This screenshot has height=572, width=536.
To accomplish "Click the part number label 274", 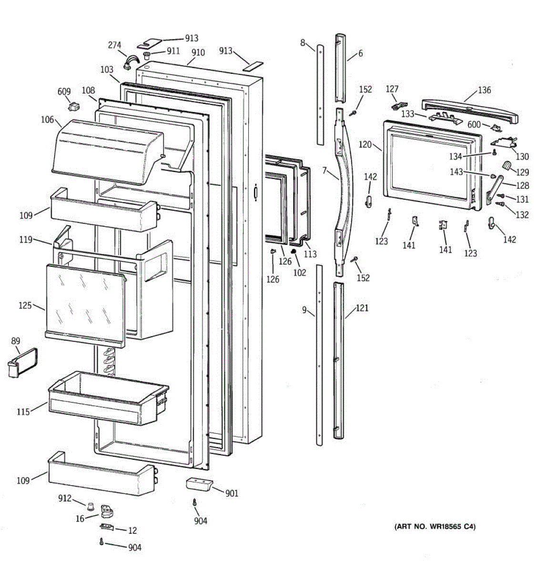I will (x=114, y=45).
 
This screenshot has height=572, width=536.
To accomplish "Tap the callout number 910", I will (x=198, y=52).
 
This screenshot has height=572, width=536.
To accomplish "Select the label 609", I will (x=64, y=92).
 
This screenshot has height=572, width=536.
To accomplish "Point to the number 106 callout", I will (x=47, y=120).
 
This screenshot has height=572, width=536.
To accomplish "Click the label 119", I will (x=26, y=239).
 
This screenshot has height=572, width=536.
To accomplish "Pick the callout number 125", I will (x=25, y=305).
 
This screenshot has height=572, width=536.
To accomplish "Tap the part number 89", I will (x=16, y=340).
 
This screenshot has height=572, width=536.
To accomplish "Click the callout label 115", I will (x=23, y=412).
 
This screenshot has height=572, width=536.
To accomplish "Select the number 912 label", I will (x=65, y=498).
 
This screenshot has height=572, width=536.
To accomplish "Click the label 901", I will (x=232, y=493).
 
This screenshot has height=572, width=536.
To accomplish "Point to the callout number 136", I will (x=484, y=90).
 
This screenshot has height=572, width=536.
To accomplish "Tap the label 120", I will (x=365, y=144).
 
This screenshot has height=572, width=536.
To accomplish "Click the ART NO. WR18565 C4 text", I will (x=434, y=527).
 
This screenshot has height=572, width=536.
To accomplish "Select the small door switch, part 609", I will (x=73, y=105).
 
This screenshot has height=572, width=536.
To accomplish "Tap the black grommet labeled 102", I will (x=294, y=251).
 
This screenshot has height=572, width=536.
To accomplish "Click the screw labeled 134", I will (x=494, y=153).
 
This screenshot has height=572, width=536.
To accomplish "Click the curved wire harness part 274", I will (x=131, y=61).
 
